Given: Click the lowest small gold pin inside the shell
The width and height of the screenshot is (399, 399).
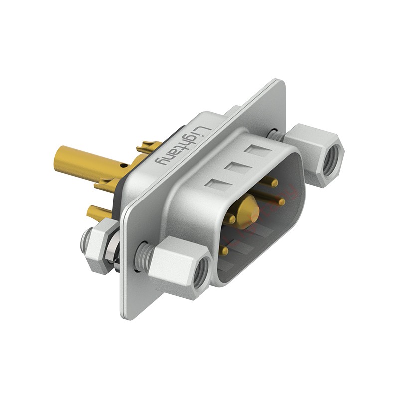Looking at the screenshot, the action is coord(224,251).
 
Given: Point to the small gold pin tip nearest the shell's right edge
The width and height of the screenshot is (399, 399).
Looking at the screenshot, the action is coord(281,202).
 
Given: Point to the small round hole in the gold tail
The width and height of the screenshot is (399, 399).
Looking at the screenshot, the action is coord(124,166).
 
